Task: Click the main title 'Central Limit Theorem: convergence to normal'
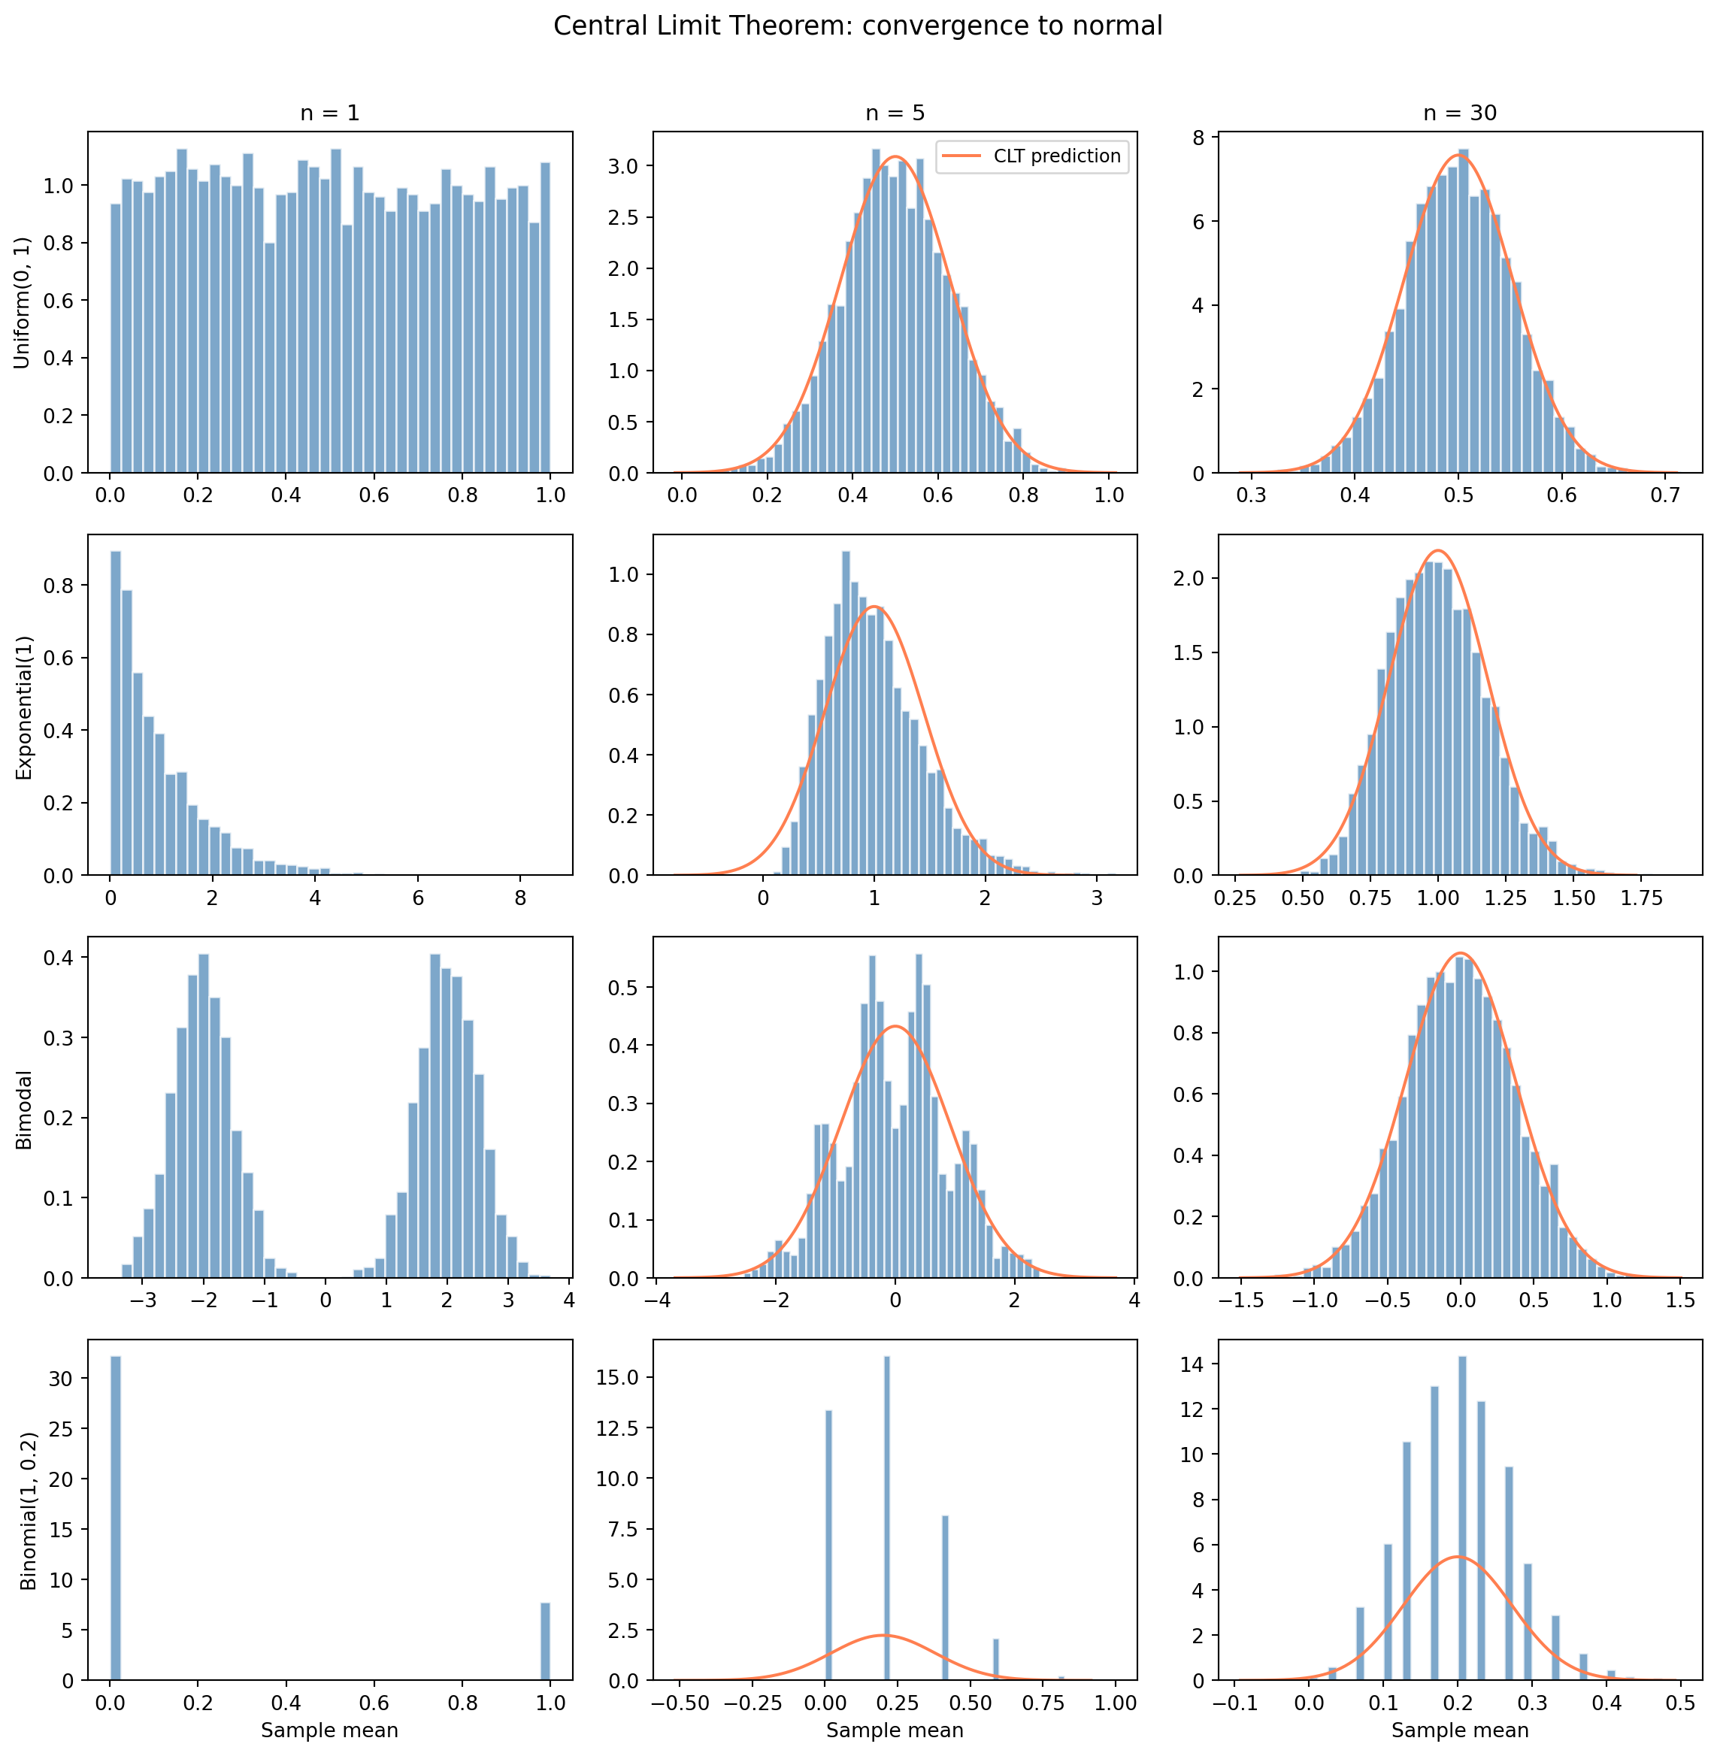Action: tap(858, 26)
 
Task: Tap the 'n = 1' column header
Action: tap(329, 114)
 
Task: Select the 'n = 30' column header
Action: tap(1460, 114)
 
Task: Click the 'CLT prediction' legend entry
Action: tap(1056, 156)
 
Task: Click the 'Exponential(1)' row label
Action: tap(24, 708)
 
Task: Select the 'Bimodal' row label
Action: tap(24, 1110)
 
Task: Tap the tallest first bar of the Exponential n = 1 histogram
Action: tap(116, 713)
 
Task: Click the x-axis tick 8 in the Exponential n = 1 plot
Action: tap(520, 898)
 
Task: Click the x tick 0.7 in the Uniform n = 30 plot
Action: tap(1664, 496)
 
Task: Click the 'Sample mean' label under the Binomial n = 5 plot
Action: tap(895, 1730)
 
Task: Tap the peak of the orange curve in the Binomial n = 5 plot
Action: tap(885, 1635)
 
